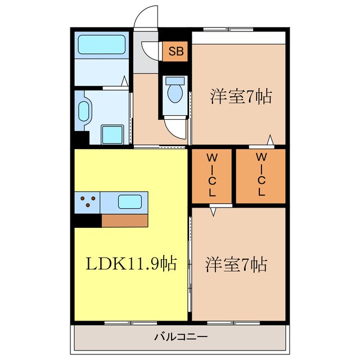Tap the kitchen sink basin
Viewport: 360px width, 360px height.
pyautogui.click(x=130, y=201)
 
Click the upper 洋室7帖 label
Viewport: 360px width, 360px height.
pyautogui.click(x=241, y=97)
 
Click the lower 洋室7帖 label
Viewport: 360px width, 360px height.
pyautogui.click(x=236, y=263)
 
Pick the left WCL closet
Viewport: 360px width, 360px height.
pyautogui.click(x=211, y=175)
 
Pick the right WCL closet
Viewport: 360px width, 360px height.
pyautogui.click(x=260, y=175)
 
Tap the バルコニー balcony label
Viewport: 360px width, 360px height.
pyautogui.click(x=181, y=337)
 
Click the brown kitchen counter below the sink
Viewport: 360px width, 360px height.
pyautogui.click(x=125, y=220)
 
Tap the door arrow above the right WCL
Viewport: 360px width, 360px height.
pyautogui.click(x=271, y=140)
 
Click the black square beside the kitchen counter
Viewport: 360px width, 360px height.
pyautogui.click(x=87, y=220)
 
